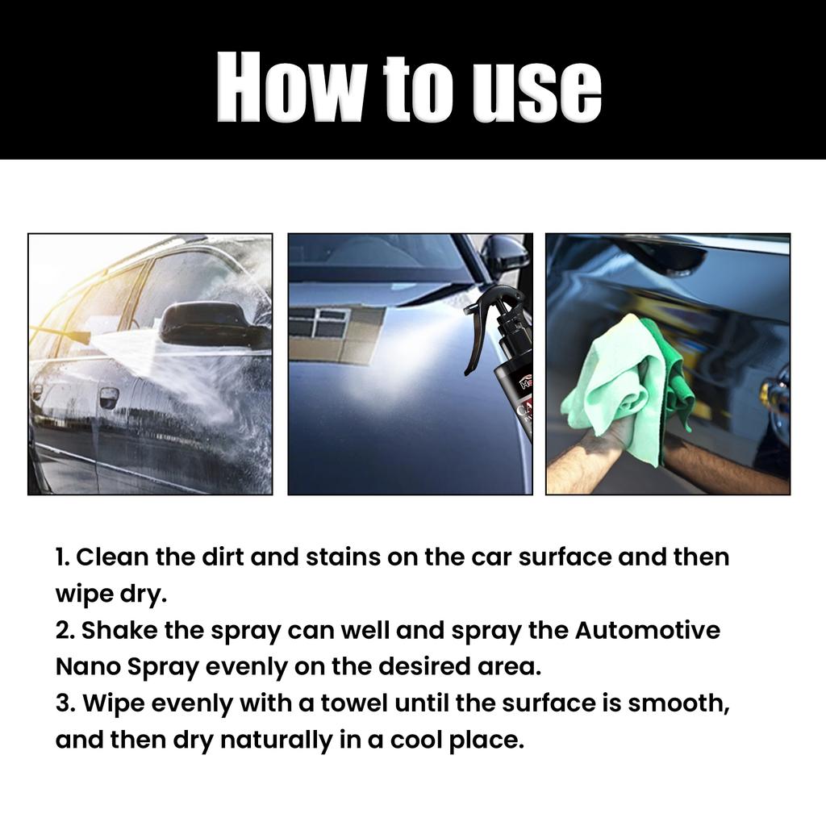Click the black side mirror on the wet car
(211, 325)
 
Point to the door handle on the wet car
(108, 397)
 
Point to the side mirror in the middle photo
(504, 253)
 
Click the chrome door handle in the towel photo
(776, 394)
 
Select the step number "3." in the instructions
(65, 703)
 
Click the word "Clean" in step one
(113, 557)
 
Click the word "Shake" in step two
(119, 630)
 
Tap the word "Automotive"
(647, 630)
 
